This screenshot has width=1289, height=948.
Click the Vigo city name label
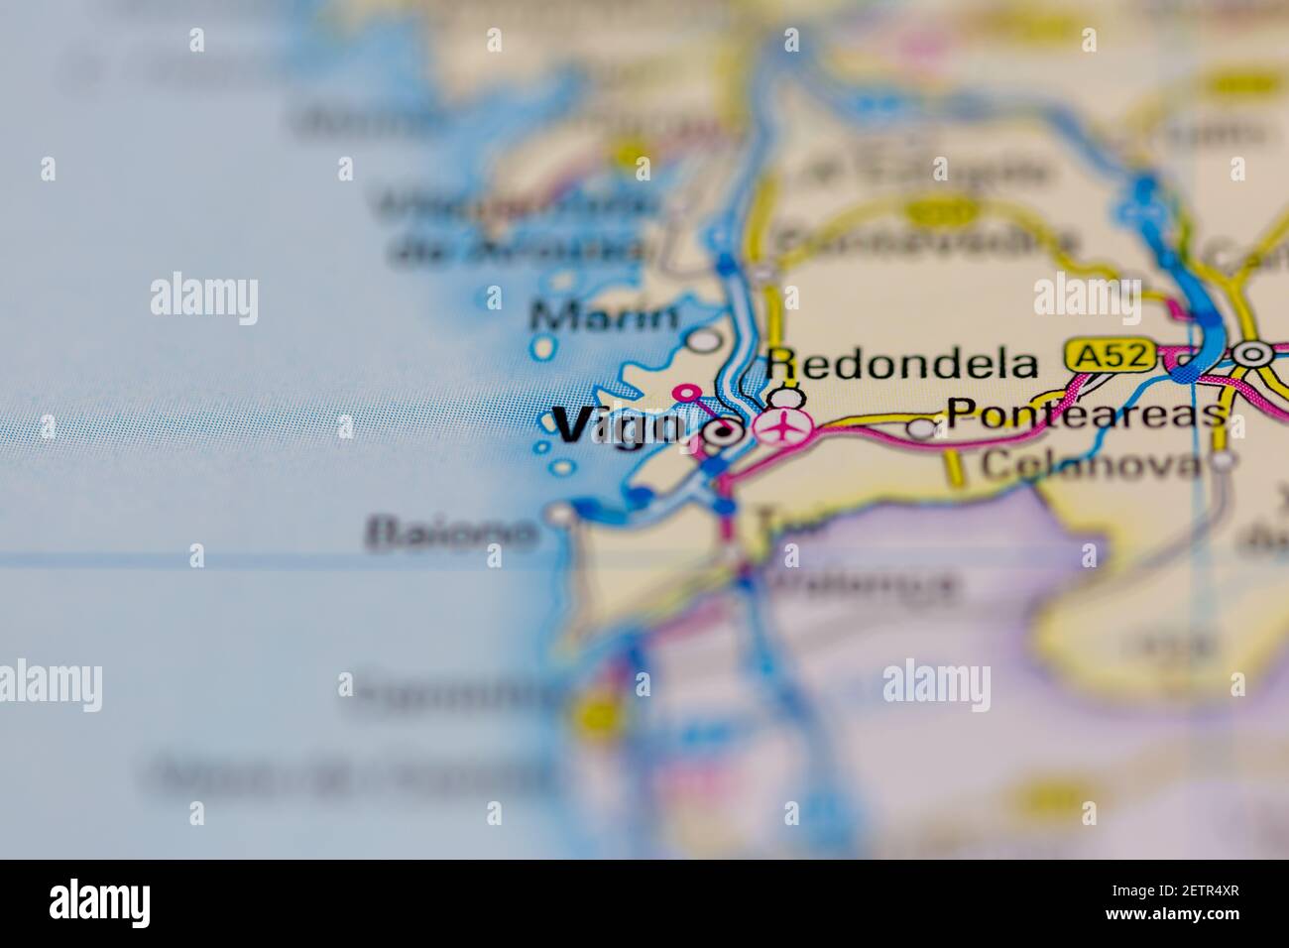617,427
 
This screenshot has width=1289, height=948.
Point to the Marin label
605,317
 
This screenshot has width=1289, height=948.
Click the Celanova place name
1090,463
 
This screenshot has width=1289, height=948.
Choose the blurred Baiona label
452,534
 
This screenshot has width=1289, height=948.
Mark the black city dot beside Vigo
726,431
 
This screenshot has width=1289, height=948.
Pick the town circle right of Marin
704,340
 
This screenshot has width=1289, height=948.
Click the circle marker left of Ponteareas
922,428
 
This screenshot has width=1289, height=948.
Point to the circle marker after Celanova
1226,460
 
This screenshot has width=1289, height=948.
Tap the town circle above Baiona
561,513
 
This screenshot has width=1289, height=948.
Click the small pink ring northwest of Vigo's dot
684,394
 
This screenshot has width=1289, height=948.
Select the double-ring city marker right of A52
1253,353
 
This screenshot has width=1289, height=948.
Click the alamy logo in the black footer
100,902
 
